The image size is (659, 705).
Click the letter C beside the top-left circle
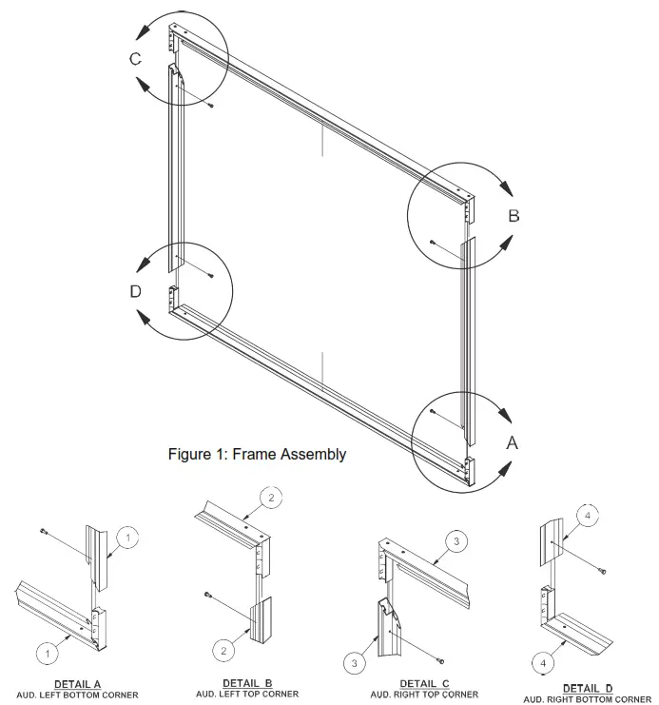[136, 59]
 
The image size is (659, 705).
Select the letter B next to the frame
[514, 216]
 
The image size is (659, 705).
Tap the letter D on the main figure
[135, 291]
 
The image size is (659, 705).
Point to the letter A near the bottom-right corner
[512, 442]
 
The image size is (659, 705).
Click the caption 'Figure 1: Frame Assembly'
[257, 455]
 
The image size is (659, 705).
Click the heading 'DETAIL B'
[247, 683]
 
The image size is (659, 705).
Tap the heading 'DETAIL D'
[587, 688]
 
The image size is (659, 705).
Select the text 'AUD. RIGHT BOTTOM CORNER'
[587, 699]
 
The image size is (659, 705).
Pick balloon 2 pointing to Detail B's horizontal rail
[271, 498]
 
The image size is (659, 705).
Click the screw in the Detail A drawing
[44, 531]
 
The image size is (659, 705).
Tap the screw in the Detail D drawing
[605, 570]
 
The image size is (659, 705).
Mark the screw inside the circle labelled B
[432, 242]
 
